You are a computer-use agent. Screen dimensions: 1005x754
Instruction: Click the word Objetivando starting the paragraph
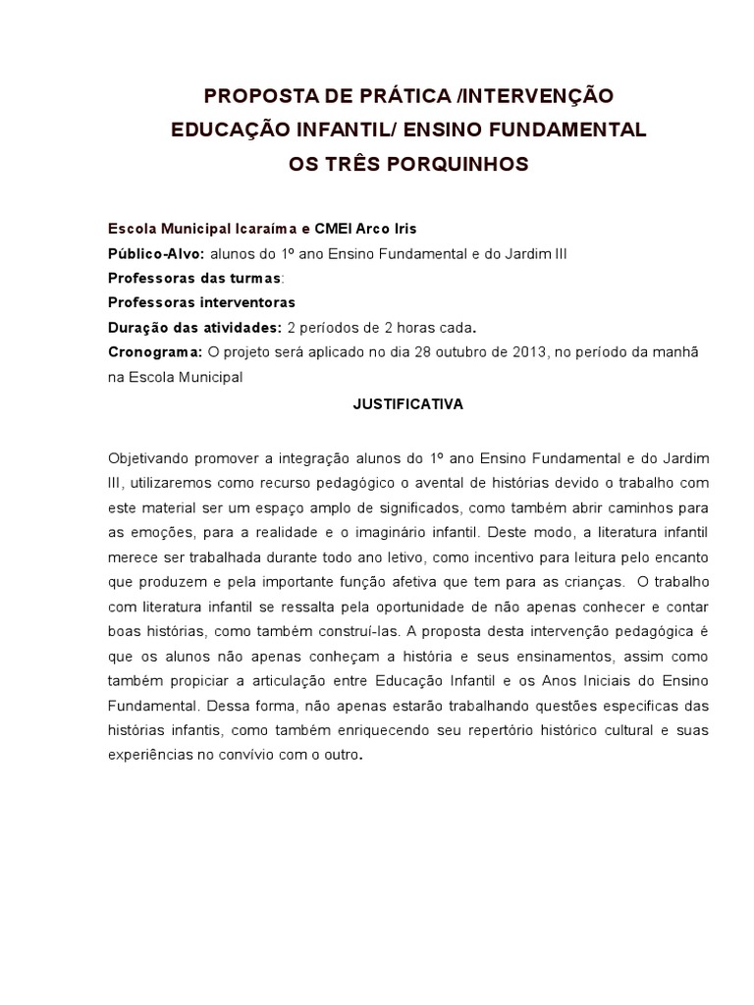150,458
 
